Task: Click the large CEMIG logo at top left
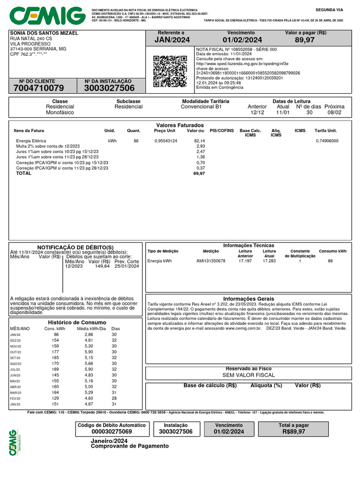[47, 16]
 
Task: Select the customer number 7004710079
[39, 88]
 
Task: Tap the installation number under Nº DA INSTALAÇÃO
[109, 88]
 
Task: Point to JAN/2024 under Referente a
[172, 40]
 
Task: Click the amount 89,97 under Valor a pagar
[305, 40]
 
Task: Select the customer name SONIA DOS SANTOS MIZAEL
[44, 33]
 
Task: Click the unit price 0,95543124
[165, 141]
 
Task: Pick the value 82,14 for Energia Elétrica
[199, 141]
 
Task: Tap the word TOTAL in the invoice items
[24, 173]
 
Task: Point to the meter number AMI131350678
[210, 261]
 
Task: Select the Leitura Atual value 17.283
[269, 261]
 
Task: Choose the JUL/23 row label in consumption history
[15, 370]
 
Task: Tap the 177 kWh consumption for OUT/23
[56, 352]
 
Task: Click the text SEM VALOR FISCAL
[248, 375]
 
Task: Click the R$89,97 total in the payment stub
[294, 432]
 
